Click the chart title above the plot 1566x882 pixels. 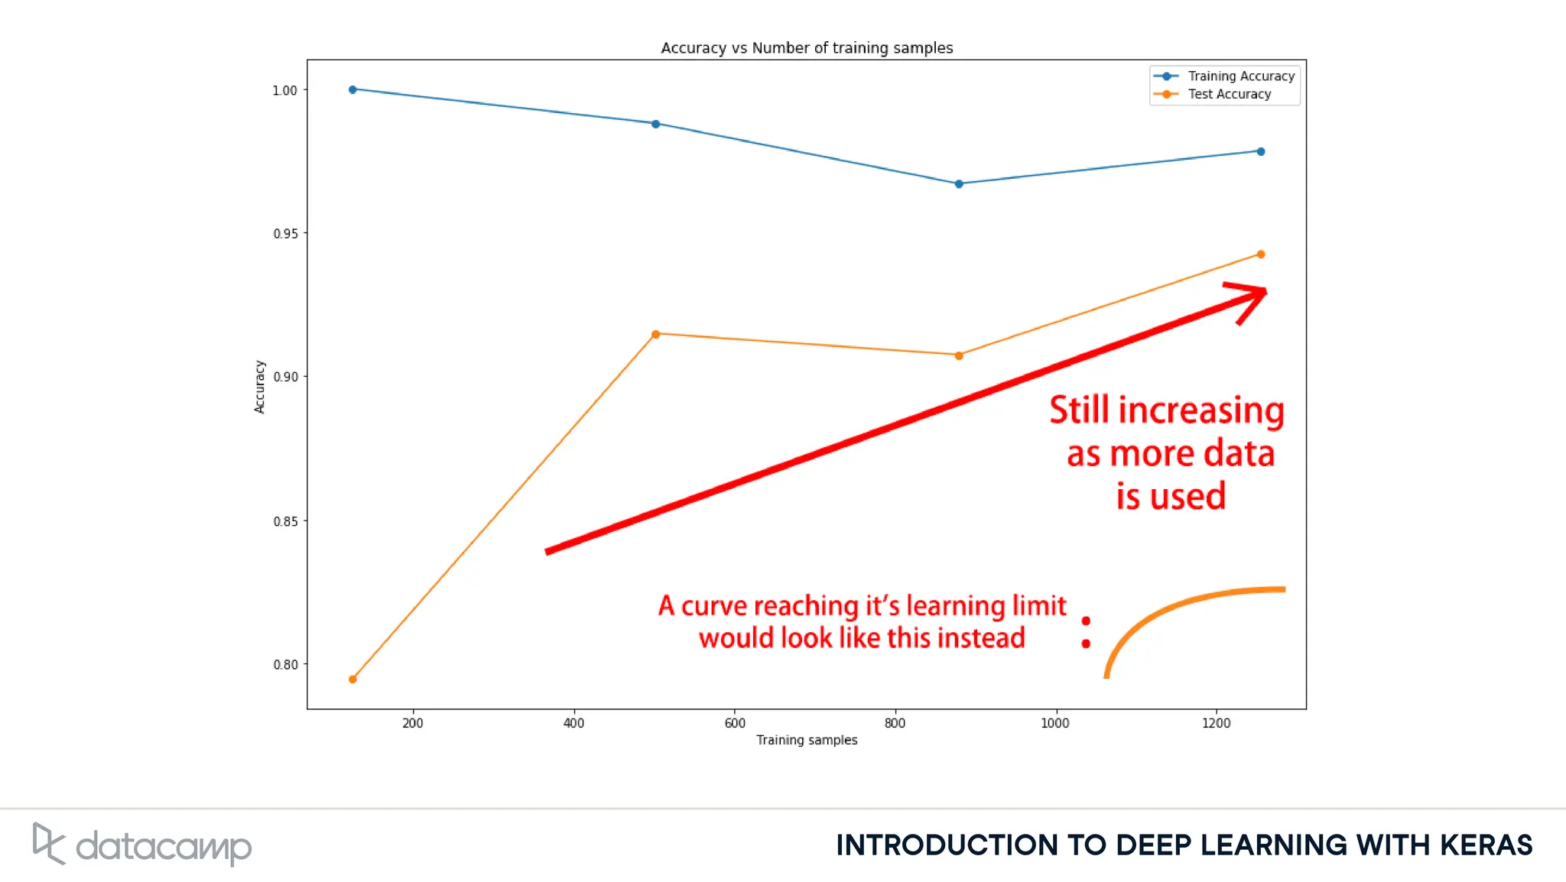(807, 48)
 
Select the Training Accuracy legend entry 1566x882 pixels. (1240, 76)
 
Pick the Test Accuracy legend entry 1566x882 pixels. (1229, 94)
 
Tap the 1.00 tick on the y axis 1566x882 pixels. (284, 90)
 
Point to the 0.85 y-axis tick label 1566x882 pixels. (285, 521)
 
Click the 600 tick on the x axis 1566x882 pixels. (734, 723)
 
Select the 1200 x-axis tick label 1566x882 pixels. (1216, 723)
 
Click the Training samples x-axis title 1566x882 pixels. (807, 740)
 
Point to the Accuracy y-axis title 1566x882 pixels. (259, 387)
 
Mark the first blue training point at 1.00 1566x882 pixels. (353, 89)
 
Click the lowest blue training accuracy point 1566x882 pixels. (958, 184)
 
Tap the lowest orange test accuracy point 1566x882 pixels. (353, 679)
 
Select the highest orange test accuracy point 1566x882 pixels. (1261, 255)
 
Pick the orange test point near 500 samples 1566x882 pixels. (655, 334)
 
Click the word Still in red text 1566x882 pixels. (1079, 410)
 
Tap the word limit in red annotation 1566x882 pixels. (1039, 606)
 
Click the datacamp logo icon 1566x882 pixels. (48, 844)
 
